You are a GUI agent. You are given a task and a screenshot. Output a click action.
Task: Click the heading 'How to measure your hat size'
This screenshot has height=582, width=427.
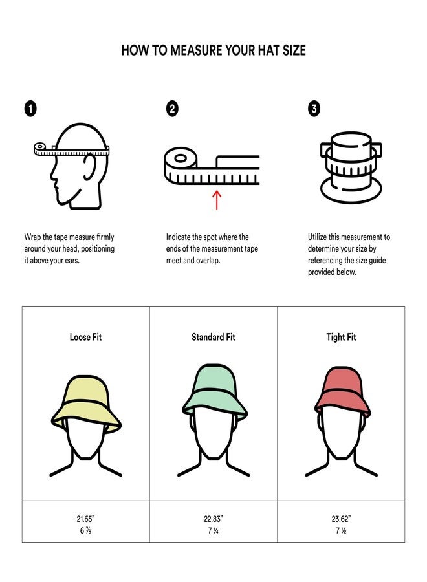click(213, 50)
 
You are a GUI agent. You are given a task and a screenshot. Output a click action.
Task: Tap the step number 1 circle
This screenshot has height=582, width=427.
click(30, 109)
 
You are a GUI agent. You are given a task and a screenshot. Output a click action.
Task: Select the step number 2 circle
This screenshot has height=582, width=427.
click(172, 109)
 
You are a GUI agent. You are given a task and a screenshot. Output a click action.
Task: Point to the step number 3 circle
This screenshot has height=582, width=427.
click(314, 109)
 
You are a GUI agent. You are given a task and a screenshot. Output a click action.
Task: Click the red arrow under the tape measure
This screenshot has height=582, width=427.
click(217, 199)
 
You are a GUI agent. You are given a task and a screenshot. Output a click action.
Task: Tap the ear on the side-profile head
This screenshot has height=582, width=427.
click(91, 170)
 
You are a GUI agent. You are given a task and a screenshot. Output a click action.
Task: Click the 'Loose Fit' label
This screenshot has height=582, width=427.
click(85, 337)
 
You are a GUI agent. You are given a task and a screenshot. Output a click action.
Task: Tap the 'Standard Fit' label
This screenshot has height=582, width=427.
click(213, 337)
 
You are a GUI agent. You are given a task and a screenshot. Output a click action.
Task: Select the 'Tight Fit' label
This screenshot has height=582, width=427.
click(341, 337)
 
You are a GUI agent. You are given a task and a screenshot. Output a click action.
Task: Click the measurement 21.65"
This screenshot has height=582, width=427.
click(85, 518)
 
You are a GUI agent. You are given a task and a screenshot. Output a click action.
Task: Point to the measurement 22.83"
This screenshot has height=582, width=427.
click(213, 518)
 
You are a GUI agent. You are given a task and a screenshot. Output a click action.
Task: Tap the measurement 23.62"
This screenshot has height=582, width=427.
click(341, 518)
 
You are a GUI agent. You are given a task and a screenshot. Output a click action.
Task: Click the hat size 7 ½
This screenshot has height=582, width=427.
click(341, 530)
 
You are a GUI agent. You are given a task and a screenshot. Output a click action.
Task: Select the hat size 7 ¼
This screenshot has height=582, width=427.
click(213, 530)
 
